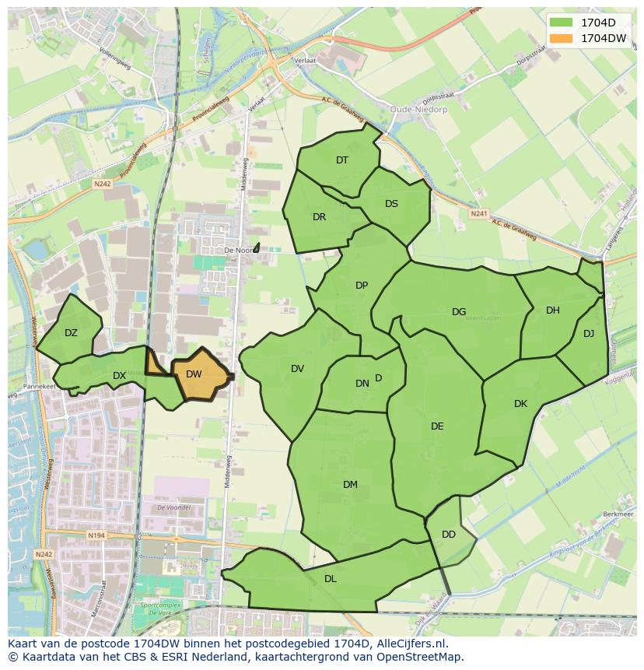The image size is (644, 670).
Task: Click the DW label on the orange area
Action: click(x=194, y=374)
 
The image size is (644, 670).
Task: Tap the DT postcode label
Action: click(x=342, y=160)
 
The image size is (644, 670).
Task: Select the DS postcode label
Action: click(x=391, y=204)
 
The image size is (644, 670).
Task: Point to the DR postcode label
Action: click(x=319, y=217)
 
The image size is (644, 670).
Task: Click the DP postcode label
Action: click(x=362, y=286)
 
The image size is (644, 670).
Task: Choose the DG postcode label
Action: click(x=459, y=312)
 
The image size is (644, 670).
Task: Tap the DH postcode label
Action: click(x=552, y=310)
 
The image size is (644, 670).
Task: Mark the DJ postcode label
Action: click(x=588, y=334)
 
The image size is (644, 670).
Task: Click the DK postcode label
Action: click(x=520, y=404)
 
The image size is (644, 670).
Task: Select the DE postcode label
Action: click(x=437, y=426)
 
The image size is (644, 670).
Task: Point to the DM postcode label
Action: click(x=350, y=485)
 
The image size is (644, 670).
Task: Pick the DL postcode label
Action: click(x=331, y=578)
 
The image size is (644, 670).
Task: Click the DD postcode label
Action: click(x=449, y=535)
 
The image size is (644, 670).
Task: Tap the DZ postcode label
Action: click(x=71, y=333)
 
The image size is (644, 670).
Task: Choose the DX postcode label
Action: click(x=119, y=376)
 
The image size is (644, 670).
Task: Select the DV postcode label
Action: click(x=297, y=369)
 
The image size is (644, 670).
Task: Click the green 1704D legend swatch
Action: click(x=560, y=22)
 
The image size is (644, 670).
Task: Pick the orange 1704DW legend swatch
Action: click(x=560, y=38)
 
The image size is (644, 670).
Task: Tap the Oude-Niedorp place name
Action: click(x=417, y=110)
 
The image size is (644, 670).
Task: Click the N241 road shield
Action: click(x=479, y=212)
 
